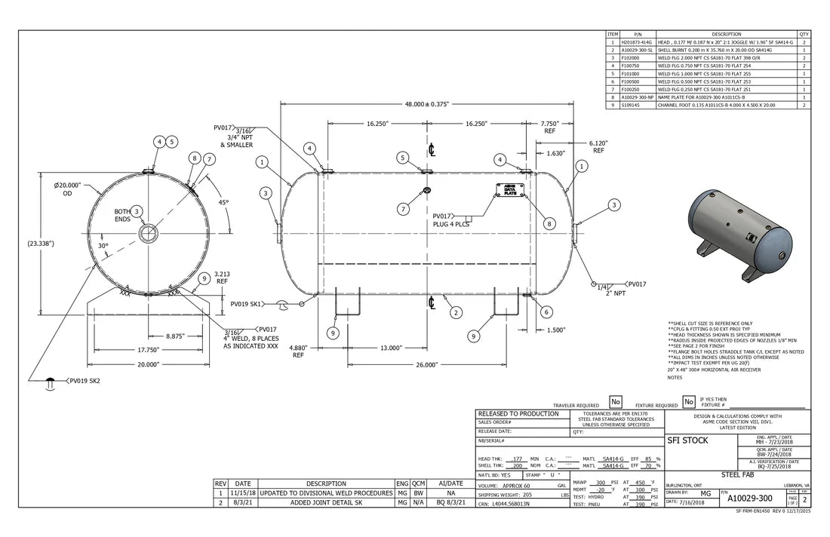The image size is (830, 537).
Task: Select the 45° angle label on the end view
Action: (x=223, y=202)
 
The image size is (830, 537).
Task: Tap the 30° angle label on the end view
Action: (x=103, y=246)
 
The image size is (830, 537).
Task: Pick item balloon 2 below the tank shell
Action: (x=455, y=312)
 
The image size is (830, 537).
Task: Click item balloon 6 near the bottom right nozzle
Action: (x=546, y=311)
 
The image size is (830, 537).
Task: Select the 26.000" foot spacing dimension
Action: (x=426, y=365)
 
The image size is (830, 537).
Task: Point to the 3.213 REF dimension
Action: (x=222, y=277)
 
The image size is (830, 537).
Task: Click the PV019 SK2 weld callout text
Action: (x=84, y=381)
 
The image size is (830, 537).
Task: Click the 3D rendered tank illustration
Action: (x=739, y=235)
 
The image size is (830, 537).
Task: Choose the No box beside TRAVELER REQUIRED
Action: (x=615, y=402)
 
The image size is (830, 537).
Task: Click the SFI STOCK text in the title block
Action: (x=687, y=440)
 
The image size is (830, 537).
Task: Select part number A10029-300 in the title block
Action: (x=749, y=499)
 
